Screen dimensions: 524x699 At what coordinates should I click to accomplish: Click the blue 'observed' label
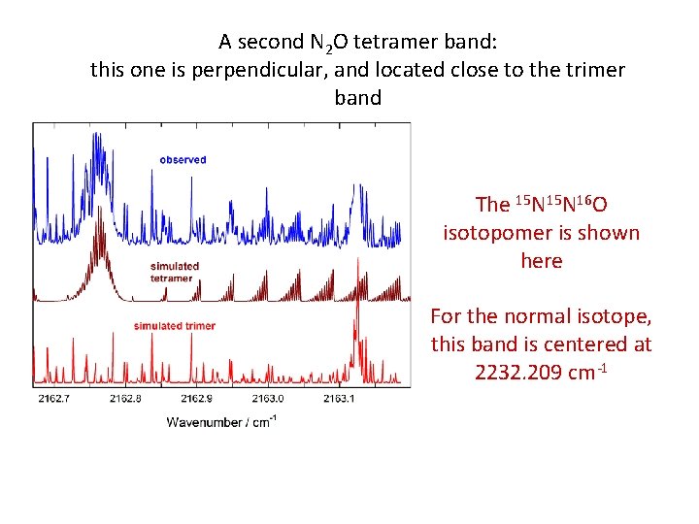(183, 159)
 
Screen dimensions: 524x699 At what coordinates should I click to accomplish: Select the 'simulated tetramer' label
(174, 272)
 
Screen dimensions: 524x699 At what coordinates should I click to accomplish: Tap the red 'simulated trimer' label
(174, 326)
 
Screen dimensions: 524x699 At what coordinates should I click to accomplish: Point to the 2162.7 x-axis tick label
(53, 398)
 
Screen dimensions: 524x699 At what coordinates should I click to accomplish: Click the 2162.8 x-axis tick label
(126, 398)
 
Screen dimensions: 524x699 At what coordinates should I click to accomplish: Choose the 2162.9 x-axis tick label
(197, 398)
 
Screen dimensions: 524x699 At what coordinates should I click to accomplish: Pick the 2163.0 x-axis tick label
(268, 398)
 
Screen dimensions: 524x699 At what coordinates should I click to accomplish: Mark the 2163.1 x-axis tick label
(339, 398)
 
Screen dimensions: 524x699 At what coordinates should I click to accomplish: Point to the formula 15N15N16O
(542, 204)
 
